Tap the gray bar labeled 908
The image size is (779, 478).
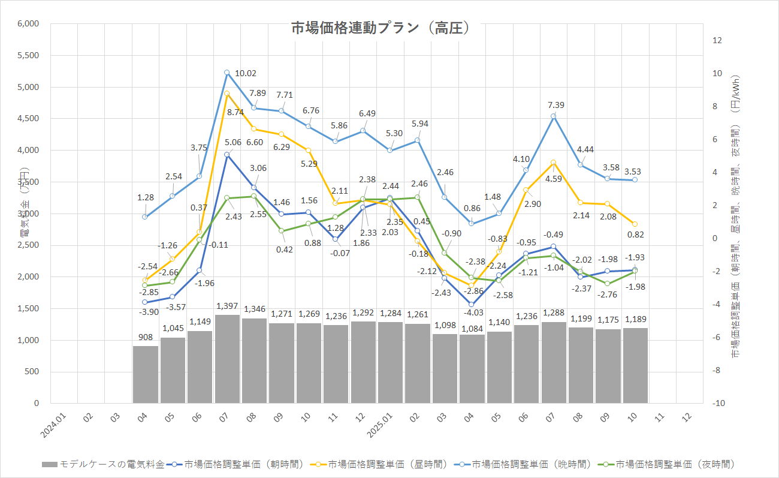145,374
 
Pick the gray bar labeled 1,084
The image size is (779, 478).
472,369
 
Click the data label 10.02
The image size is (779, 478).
246,73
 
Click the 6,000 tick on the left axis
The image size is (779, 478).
28,24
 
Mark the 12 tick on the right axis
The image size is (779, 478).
716,40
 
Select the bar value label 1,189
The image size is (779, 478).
636,318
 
